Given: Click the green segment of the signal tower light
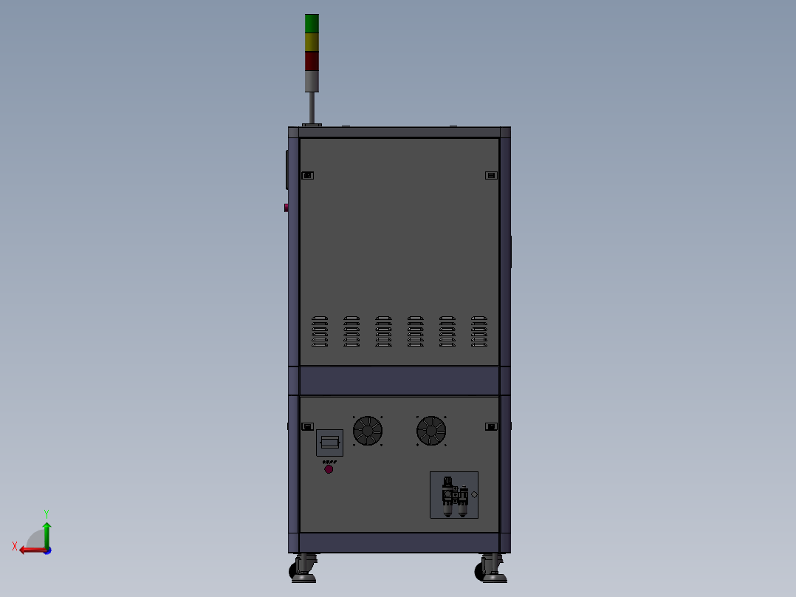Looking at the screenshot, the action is point(312,24).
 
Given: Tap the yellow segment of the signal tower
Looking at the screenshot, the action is point(312,42).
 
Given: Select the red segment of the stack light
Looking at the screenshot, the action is point(312,61).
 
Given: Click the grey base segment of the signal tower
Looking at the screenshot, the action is point(312,81).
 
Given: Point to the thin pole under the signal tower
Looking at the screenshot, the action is point(312,108).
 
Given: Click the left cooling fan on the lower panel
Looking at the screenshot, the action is point(368,431).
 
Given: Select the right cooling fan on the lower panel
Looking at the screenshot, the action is point(431,431).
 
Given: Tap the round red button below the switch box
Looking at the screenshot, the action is point(329,469).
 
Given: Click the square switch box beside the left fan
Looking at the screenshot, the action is point(329,443).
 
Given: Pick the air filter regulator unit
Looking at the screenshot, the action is point(454,495).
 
